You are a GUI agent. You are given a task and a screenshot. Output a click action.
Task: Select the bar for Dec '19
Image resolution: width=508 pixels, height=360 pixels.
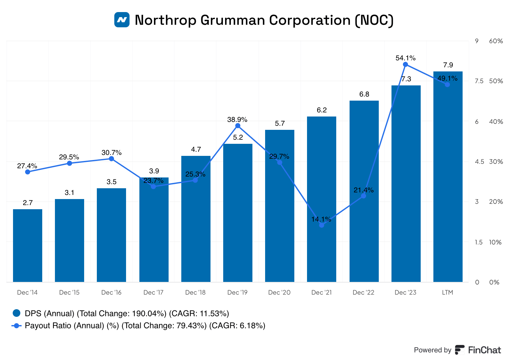coord(238,213)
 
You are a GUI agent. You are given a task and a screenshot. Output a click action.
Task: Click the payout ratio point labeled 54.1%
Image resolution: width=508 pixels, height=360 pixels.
coord(405,64)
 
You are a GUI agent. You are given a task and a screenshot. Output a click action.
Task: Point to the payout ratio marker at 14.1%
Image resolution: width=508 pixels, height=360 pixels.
coord(322,225)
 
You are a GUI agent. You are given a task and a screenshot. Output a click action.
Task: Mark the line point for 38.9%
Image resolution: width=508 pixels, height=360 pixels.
coord(238,126)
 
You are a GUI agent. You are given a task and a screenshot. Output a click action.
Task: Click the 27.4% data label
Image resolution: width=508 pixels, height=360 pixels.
coord(27,166)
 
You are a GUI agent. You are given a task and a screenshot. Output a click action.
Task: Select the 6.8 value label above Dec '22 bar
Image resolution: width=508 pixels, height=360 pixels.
coord(364,94)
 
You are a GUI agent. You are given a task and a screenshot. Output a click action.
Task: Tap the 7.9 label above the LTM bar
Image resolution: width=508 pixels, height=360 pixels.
coord(448,65)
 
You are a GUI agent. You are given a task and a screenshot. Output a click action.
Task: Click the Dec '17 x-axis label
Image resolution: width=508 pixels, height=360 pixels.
coord(153,292)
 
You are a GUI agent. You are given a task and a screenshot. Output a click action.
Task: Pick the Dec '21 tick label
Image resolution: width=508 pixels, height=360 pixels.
coord(321,292)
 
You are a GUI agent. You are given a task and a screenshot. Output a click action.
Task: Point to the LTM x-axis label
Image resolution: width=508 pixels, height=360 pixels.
coord(447,292)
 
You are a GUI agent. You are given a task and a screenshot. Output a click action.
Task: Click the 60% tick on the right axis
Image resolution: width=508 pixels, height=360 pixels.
coord(496,41)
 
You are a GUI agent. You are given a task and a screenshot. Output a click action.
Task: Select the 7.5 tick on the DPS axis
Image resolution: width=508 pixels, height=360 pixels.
coord(479,81)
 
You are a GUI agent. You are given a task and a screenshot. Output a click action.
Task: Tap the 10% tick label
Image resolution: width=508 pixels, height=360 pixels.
coord(495,242)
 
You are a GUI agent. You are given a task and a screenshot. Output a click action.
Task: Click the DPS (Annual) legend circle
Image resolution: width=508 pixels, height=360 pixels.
coord(17,313)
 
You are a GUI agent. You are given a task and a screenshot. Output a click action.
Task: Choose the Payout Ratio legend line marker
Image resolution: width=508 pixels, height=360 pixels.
coord(17,325)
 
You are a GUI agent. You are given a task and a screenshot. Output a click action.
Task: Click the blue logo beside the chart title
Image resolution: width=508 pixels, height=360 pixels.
coord(122,20)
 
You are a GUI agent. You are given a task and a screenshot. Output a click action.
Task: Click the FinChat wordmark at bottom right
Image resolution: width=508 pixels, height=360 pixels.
coord(484,350)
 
